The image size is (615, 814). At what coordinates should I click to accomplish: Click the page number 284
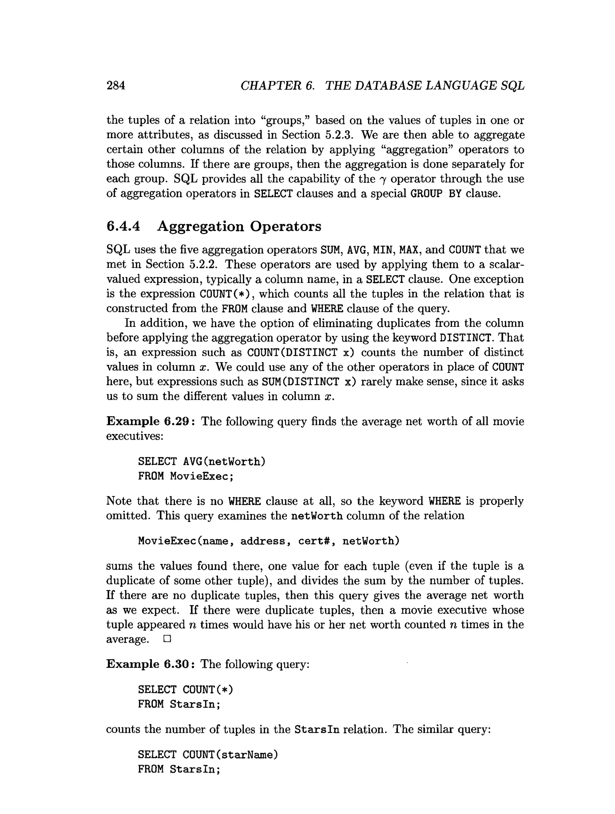click(116, 86)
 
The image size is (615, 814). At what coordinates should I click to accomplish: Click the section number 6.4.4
click(123, 226)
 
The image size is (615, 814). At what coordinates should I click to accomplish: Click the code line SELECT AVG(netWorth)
click(201, 461)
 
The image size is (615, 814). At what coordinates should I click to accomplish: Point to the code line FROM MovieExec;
click(186, 476)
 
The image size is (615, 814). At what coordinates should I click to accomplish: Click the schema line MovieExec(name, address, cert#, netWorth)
click(268, 541)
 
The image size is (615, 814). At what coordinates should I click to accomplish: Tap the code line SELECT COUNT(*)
click(186, 689)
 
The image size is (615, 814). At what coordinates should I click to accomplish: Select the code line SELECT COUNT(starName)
click(208, 755)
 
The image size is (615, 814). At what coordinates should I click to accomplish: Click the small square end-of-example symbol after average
click(167, 639)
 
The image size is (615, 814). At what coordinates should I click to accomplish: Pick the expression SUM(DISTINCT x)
click(309, 382)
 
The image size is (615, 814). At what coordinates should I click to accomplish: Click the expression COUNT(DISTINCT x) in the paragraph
click(301, 353)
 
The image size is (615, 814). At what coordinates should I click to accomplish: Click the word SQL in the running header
click(513, 86)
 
